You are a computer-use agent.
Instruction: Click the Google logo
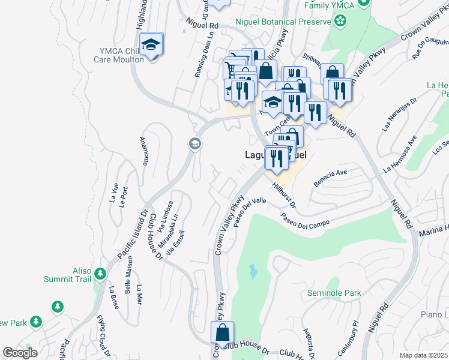coord(20,352)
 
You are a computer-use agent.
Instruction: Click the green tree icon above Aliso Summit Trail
coord(100,275)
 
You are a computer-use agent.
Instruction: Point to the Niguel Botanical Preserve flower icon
coord(340,22)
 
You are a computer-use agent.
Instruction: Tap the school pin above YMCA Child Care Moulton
coord(151,44)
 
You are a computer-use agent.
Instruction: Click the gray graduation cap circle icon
coord(194,143)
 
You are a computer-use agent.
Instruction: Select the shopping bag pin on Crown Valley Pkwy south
coord(222,333)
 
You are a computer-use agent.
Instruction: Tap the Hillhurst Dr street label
coord(283,196)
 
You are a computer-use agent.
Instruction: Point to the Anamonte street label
coord(144,151)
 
